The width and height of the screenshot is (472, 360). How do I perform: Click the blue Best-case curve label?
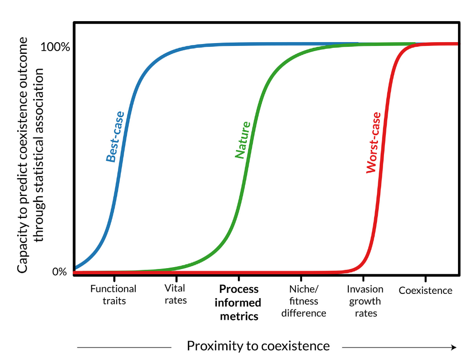pos(115,136)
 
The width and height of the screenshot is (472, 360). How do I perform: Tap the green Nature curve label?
pos(243,140)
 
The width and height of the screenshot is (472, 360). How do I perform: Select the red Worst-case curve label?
pos(374,142)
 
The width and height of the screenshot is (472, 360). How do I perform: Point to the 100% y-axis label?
pos(55,47)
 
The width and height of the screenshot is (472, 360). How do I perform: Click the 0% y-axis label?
pos(59,272)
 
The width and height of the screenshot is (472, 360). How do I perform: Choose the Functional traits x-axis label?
pos(114,295)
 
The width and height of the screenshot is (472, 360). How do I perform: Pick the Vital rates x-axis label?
pos(176,294)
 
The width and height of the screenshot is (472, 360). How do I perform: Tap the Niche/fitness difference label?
pos(303,301)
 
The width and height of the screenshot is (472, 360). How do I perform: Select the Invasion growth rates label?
pos(365,301)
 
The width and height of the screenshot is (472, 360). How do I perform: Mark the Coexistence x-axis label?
pos(426,291)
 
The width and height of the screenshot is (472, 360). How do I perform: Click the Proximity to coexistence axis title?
pos(258,346)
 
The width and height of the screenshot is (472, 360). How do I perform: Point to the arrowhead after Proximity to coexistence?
pos(453,347)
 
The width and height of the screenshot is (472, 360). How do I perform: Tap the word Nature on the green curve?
pos(243,140)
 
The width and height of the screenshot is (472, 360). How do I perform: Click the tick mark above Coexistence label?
pos(426,279)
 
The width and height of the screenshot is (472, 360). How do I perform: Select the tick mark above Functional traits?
pos(114,279)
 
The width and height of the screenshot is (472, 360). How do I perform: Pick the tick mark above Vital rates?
pos(176,279)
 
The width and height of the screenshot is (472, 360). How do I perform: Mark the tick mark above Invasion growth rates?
pos(365,279)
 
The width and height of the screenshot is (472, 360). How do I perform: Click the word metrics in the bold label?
pos(239,316)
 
